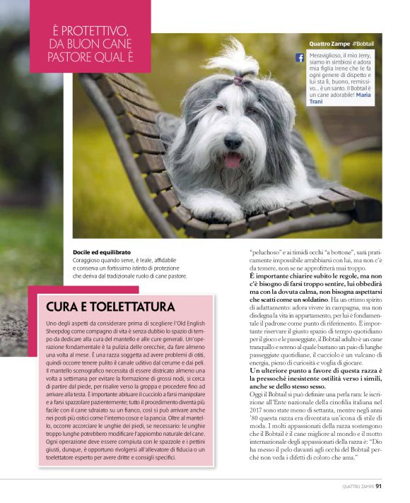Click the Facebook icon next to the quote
[x=300, y=57]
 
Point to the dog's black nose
[x=232, y=143]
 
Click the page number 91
[x=379, y=485]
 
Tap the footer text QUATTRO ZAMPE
[x=357, y=486]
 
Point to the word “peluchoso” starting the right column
[x=267, y=252]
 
